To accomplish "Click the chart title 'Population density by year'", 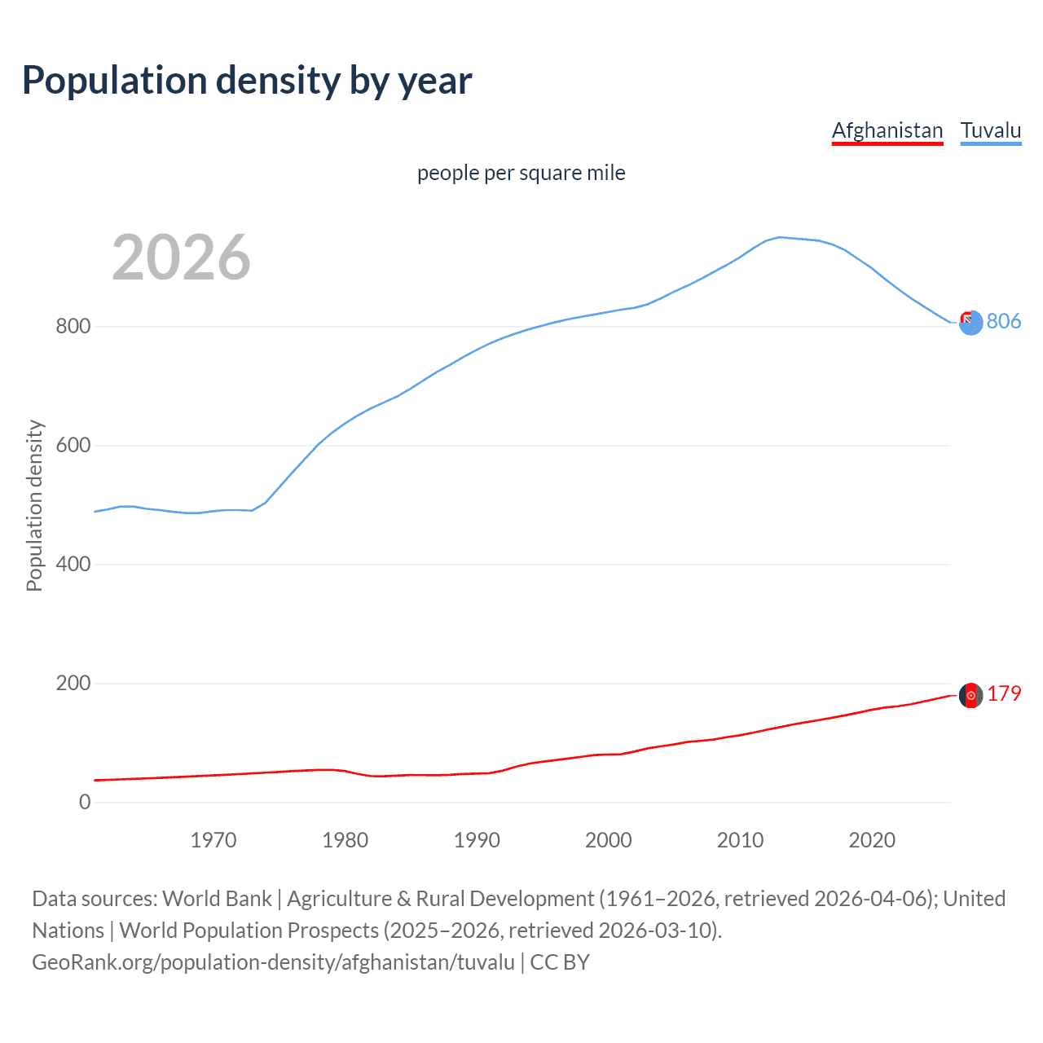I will tap(247, 81).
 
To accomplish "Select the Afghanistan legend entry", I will tap(887, 130).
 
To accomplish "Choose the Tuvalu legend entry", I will tap(990, 130).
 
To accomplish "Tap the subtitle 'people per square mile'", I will tap(521, 174).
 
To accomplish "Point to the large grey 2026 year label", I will tap(181, 257).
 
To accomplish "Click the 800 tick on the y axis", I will tap(73, 327).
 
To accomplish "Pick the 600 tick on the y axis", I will tap(73, 446).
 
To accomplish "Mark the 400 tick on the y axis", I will tap(73, 565).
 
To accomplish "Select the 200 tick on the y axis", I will tap(73, 684).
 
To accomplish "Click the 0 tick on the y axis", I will tap(85, 803).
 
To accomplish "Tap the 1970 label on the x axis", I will tap(213, 840).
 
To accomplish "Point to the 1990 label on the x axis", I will tap(477, 840).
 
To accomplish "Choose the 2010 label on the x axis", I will tap(740, 840).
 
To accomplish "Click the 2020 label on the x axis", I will tap(872, 840).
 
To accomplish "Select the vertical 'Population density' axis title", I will tap(34, 505).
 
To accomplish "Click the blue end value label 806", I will tap(1003, 322).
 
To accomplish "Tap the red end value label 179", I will tap(1003, 694).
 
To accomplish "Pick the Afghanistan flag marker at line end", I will tap(970, 695).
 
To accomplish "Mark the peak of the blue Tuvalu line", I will tap(780, 237).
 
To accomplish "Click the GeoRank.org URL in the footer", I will tap(273, 962).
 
